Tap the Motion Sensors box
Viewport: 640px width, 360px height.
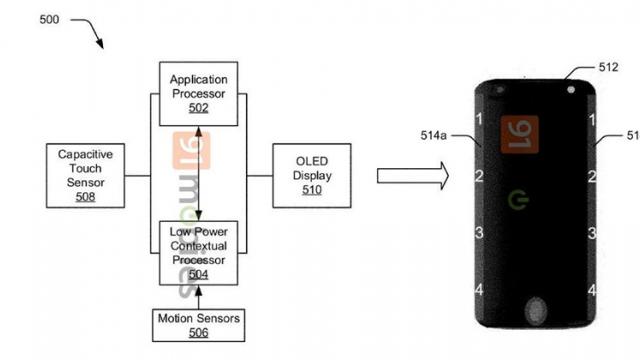198,324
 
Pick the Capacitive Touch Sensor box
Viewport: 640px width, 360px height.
85,174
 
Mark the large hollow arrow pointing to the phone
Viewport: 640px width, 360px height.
410,176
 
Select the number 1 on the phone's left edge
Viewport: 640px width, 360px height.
480,120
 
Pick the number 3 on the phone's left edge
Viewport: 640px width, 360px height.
480,233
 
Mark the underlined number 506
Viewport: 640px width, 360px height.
198,332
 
